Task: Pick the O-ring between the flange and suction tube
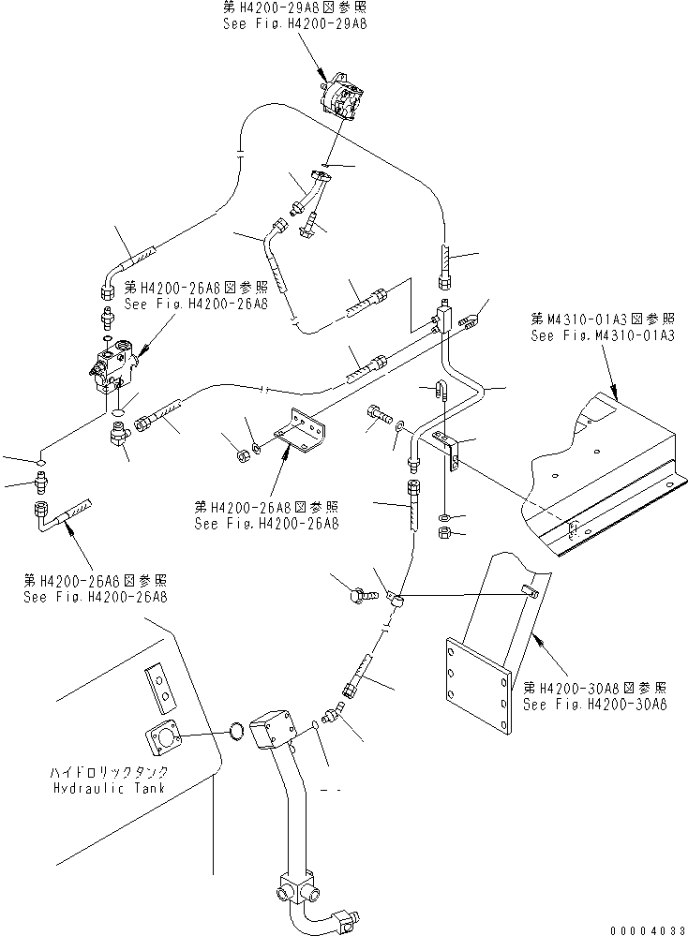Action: tap(238, 730)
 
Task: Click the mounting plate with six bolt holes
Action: tap(477, 691)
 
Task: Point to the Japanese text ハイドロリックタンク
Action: tap(111, 772)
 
